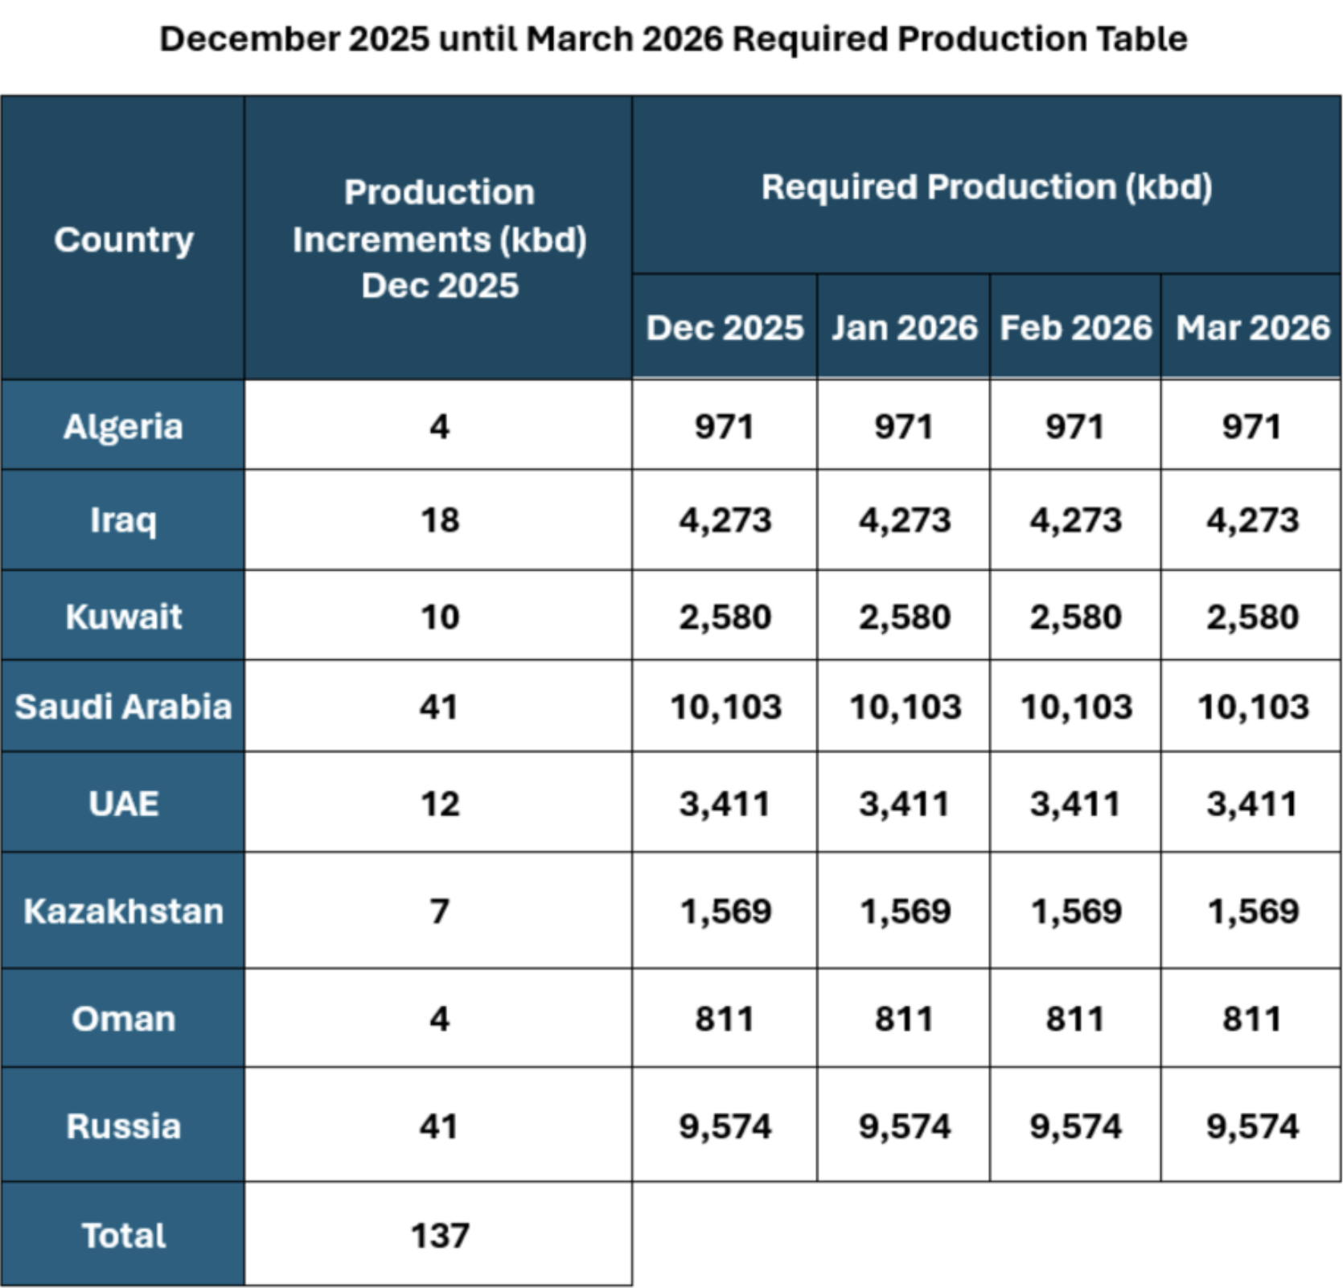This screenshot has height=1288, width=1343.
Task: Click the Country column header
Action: tap(124, 240)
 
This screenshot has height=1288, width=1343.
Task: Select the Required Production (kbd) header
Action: tap(986, 187)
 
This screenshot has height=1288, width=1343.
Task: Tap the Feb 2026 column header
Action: tap(1075, 328)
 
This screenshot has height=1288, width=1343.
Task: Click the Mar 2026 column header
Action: tap(1252, 328)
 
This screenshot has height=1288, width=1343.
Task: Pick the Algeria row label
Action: tap(123, 426)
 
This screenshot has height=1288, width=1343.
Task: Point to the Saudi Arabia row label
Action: tap(123, 707)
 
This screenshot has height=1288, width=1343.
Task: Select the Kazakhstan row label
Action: tap(123, 911)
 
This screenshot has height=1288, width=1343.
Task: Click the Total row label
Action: tap(123, 1235)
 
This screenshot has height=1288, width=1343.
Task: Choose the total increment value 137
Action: tap(439, 1235)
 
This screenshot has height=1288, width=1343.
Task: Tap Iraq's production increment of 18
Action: tap(439, 520)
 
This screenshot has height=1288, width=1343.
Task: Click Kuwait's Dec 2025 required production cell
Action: tap(725, 617)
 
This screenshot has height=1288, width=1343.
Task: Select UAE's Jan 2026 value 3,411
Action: tap(904, 803)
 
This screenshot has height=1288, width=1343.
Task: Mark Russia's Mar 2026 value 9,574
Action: tap(1252, 1126)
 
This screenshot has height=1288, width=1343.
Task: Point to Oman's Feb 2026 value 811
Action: tap(1075, 1019)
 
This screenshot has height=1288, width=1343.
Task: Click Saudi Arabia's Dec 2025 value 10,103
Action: tap(725, 707)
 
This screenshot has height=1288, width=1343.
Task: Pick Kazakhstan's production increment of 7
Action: tap(439, 911)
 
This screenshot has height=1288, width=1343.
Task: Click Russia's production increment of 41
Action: tap(439, 1126)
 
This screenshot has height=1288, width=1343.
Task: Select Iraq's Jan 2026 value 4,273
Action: tap(904, 520)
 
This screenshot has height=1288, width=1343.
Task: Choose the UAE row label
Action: tap(123, 803)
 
